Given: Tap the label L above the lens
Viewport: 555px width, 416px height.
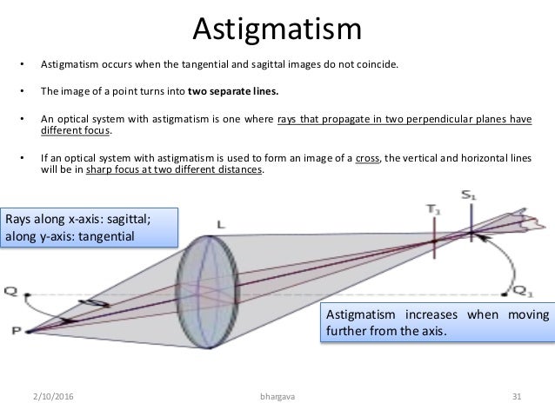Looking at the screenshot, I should coord(220,224).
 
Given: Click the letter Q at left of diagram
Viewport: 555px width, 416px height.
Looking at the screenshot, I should coord(10,291).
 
